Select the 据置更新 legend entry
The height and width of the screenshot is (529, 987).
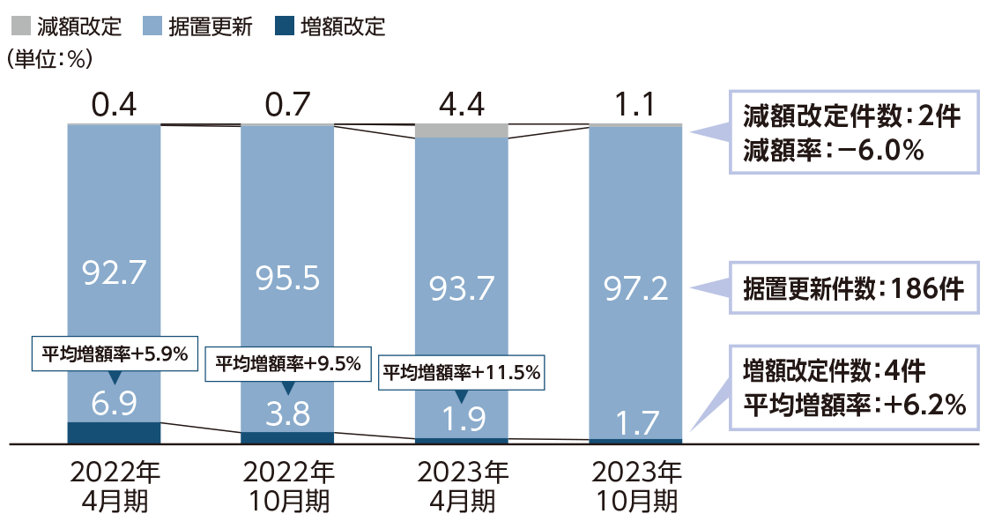(199, 26)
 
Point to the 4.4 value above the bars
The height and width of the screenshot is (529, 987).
(461, 106)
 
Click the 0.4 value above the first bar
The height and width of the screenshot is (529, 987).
(114, 106)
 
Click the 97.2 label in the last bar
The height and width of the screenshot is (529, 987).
(634, 287)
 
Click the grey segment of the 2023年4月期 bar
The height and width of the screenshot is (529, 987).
(461, 130)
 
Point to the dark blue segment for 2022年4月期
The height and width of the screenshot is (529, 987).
(114, 432)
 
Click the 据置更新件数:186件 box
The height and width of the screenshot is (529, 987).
(855, 288)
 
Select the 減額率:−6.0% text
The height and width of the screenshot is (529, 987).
(833, 151)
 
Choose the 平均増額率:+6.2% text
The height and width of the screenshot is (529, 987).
(854, 405)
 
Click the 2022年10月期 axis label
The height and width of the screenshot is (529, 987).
(287, 486)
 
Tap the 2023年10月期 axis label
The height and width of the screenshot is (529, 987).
(634, 486)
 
